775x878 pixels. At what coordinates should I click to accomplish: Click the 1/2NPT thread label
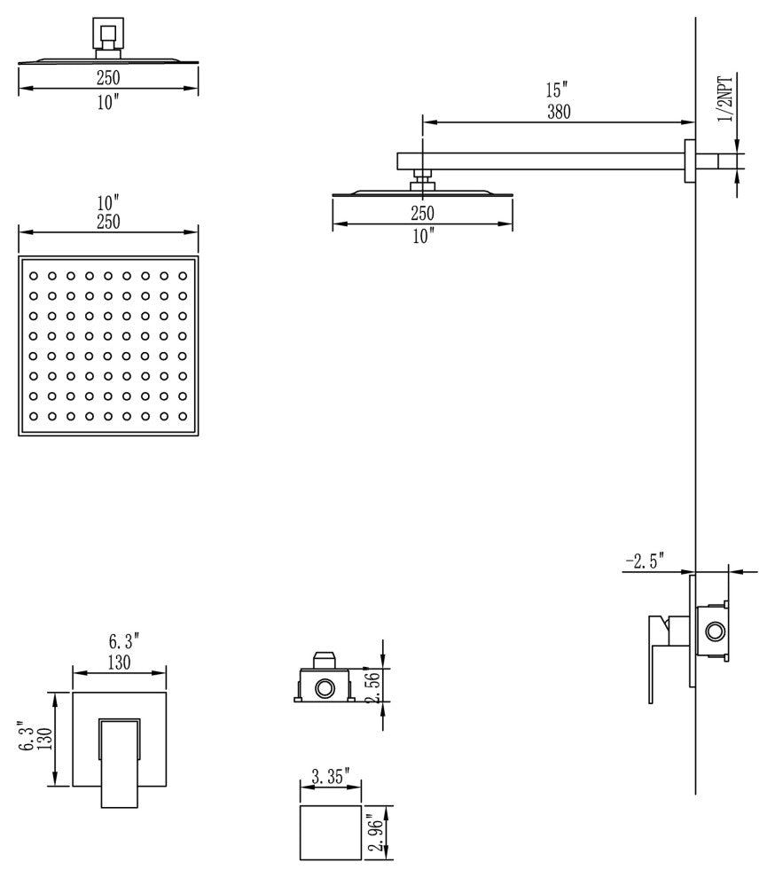pos(725,99)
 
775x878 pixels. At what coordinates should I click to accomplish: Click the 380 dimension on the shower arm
pos(559,112)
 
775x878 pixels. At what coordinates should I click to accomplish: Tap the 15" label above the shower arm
pos(557,90)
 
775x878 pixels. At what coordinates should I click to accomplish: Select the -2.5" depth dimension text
pos(645,561)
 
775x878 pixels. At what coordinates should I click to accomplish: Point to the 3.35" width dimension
pos(331,777)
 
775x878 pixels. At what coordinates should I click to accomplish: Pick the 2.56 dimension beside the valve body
pos(373,687)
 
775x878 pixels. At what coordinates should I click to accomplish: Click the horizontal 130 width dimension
pos(119,662)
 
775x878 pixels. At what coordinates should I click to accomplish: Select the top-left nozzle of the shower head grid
pos(34,276)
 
